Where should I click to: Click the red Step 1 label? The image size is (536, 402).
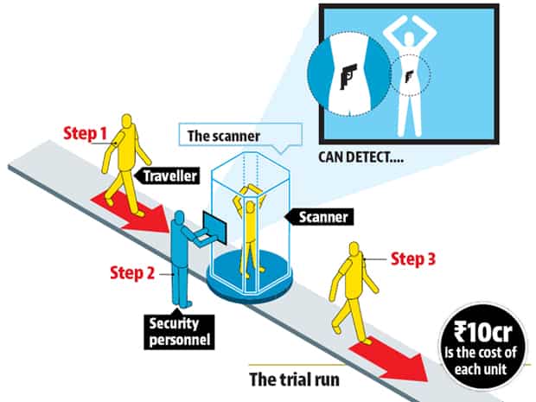[85, 133]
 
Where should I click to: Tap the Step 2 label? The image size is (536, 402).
[132, 273]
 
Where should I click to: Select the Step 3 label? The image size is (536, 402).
[413, 258]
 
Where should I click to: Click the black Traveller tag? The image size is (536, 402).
[167, 175]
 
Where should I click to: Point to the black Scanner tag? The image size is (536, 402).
[319, 217]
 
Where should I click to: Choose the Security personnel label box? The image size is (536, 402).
[179, 332]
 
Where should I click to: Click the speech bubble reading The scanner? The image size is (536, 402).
[240, 137]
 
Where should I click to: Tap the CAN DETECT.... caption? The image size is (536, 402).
[361, 157]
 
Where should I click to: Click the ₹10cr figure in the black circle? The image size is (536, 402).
[482, 332]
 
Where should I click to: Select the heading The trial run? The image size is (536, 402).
[294, 380]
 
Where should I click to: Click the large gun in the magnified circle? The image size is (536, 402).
[348, 76]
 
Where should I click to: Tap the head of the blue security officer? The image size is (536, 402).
[179, 216]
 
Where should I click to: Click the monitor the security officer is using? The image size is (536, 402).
[214, 227]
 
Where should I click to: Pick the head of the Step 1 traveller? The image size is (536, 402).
[127, 121]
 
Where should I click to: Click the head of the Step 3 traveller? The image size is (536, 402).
[354, 249]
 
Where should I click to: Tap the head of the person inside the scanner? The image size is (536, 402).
[250, 207]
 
